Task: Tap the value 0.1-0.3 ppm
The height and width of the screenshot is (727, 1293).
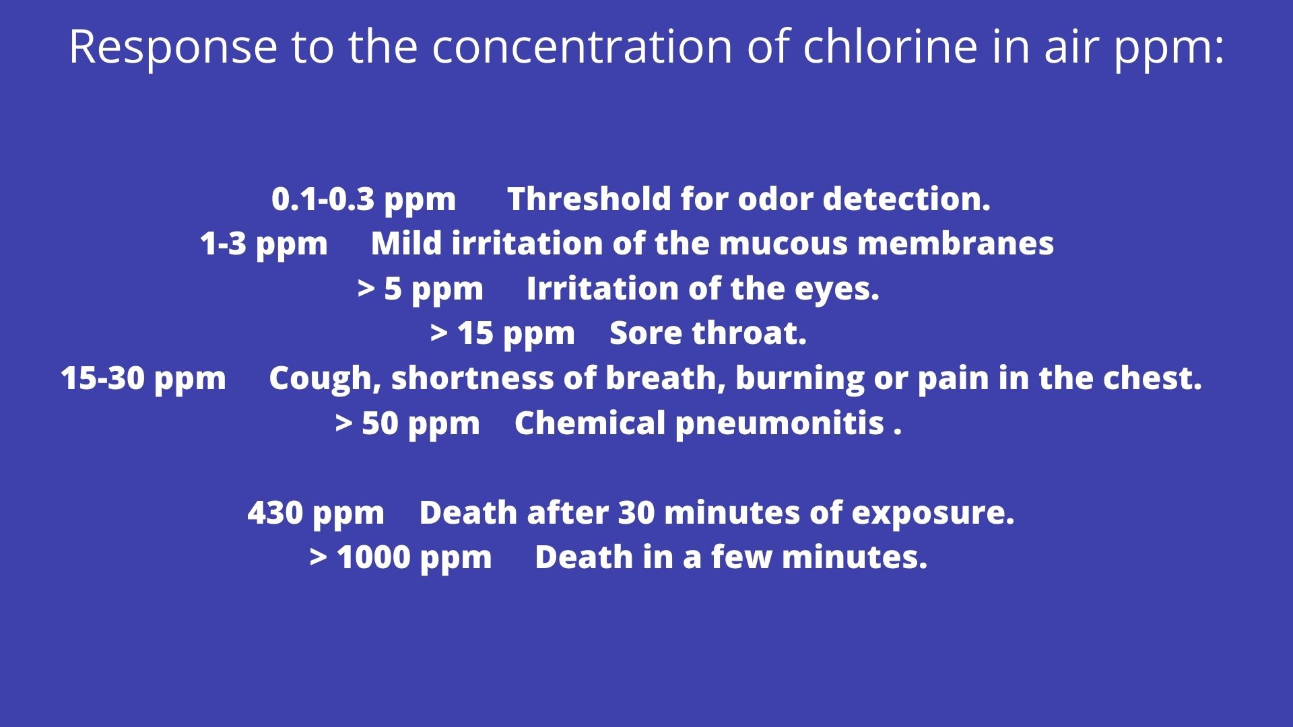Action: pos(364,200)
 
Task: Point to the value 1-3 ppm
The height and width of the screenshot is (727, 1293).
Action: pos(263,244)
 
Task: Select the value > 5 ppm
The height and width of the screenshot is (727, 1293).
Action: pos(420,289)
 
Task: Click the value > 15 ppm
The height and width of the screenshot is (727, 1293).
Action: pos(502,334)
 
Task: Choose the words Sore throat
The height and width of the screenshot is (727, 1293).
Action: pos(708,334)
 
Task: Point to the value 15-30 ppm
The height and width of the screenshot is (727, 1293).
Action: pos(143,379)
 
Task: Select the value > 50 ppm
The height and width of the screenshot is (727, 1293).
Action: pos(407,424)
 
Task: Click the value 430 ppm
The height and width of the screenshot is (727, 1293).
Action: pos(316,514)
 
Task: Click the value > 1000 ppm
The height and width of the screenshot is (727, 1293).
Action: pos(401,558)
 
